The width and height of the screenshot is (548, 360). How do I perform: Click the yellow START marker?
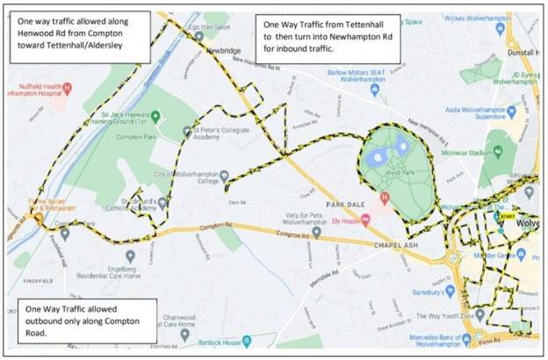[507, 216]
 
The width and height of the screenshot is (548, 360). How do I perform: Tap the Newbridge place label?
[223, 52]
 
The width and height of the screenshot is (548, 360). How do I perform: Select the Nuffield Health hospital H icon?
[67, 88]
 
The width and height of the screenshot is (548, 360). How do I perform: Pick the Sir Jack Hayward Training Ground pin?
[155, 117]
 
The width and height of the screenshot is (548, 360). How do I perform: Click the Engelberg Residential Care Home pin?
[130, 256]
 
